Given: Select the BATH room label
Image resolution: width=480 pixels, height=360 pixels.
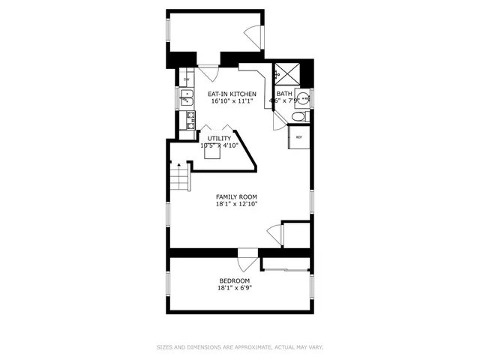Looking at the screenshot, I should (x=284, y=94).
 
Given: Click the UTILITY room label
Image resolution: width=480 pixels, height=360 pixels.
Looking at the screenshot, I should (x=219, y=139).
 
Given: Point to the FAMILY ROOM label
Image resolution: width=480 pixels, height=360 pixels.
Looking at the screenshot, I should (x=236, y=196).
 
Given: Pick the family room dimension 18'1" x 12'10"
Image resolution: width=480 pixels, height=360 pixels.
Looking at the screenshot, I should (x=236, y=204).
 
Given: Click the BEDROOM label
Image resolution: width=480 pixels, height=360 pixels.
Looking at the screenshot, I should (x=234, y=280).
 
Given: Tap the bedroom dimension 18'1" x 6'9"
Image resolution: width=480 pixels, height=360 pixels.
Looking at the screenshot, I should (x=234, y=288).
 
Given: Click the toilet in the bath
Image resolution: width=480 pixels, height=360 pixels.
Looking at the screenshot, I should (x=298, y=117).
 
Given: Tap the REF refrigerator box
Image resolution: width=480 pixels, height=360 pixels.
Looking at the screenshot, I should (x=299, y=137).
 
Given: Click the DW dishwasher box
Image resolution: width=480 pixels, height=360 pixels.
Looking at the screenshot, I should (x=186, y=79).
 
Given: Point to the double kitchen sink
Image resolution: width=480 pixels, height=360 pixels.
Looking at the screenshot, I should (x=186, y=97).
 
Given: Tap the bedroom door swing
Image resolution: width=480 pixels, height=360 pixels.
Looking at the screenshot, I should (x=245, y=265).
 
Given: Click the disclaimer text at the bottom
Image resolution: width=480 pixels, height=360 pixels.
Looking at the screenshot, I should (x=239, y=347).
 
